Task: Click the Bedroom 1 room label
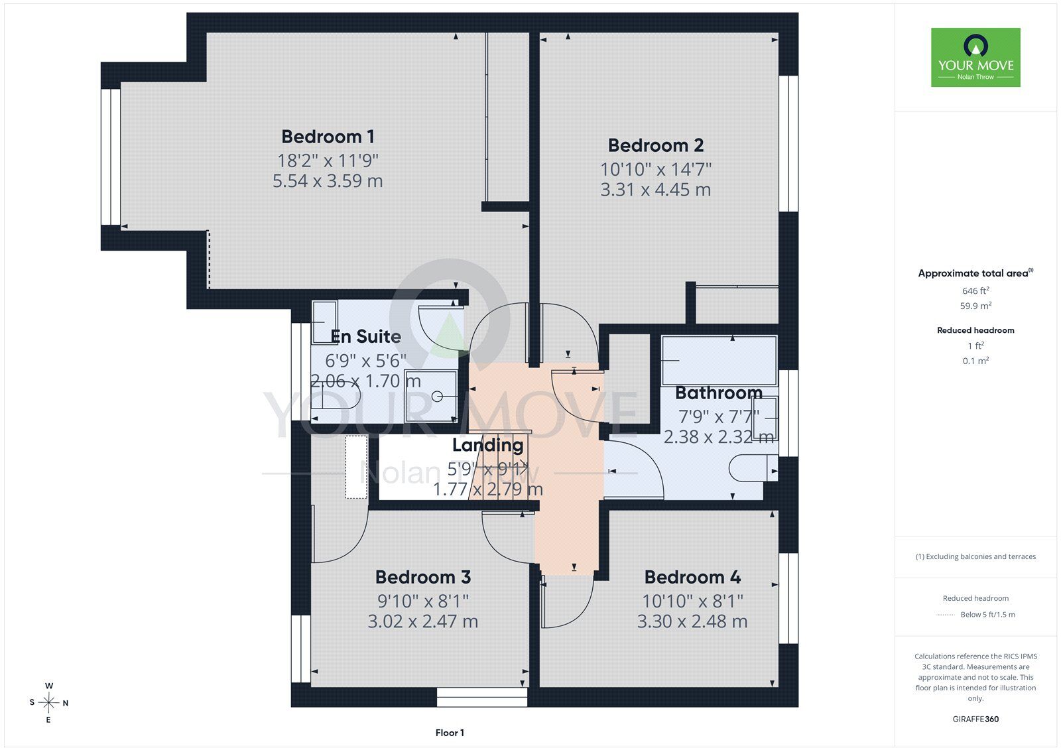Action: pyautogui.click(x=328, y=137)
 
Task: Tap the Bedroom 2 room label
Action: pyautogui.click(x=656, y=145)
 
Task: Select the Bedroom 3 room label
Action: pyautogui.click(x=423, y=577)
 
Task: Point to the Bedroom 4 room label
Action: pyautogui.click(x=692, y=577)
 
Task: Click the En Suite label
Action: pyautogui.click(x=365, y=336)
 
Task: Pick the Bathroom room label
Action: pyautogui.click(x=719, y=393)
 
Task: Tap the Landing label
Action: pyautogui.click(x=488, y=446)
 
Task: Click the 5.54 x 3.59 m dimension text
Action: pyautogui.click(x=328, y=181)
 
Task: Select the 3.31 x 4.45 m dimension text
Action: pyautogui.click(x=656, y=190)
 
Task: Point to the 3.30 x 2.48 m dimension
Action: pyautogui.click(x=692, y=621)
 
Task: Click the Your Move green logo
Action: pyautogui.click(x=975, y=57)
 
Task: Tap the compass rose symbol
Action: pyautogui.click(x=49, y=703)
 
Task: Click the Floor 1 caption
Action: pyautogui.click(x=450, y=733)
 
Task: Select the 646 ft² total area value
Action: pyautogui.click(x=975, y=290)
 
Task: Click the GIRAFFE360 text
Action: pyautogui.click(x=975, y=719)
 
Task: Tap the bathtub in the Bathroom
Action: pyautogui.click(x=719, y=361)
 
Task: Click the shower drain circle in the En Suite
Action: pyautogui.click(x=437, y=397)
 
